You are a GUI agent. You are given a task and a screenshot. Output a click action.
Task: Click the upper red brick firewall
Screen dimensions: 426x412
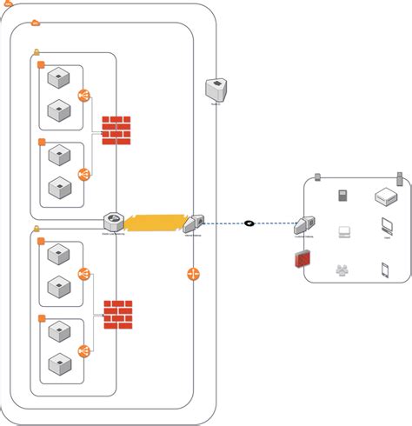115,130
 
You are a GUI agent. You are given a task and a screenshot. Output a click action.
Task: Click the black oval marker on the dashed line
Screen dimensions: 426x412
249,223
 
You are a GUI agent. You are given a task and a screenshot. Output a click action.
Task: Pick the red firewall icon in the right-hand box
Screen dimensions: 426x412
302,258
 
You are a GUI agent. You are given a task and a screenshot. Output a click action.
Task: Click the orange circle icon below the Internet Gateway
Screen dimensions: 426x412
194,275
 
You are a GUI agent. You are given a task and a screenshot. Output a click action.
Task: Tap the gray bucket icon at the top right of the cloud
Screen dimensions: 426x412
215,88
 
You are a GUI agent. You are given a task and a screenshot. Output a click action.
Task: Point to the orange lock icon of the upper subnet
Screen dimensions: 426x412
37,52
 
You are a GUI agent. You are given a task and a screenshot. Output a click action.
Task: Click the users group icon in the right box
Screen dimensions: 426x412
342,270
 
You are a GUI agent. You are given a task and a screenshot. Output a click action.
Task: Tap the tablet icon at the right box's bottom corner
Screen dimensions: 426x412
384,270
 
